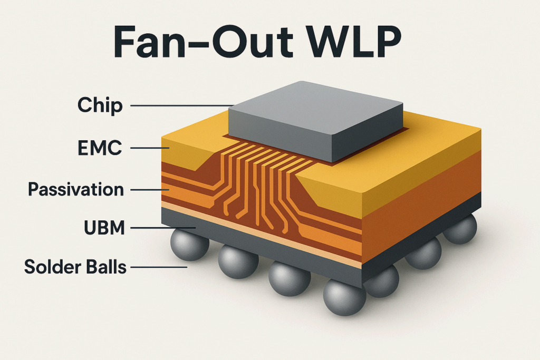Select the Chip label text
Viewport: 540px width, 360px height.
tap(100, 105)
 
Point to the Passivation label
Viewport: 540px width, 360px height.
tap(76, 189)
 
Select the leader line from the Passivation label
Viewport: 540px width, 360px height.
tap(150, 189)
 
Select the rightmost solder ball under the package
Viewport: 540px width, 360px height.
tap(460, 230)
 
